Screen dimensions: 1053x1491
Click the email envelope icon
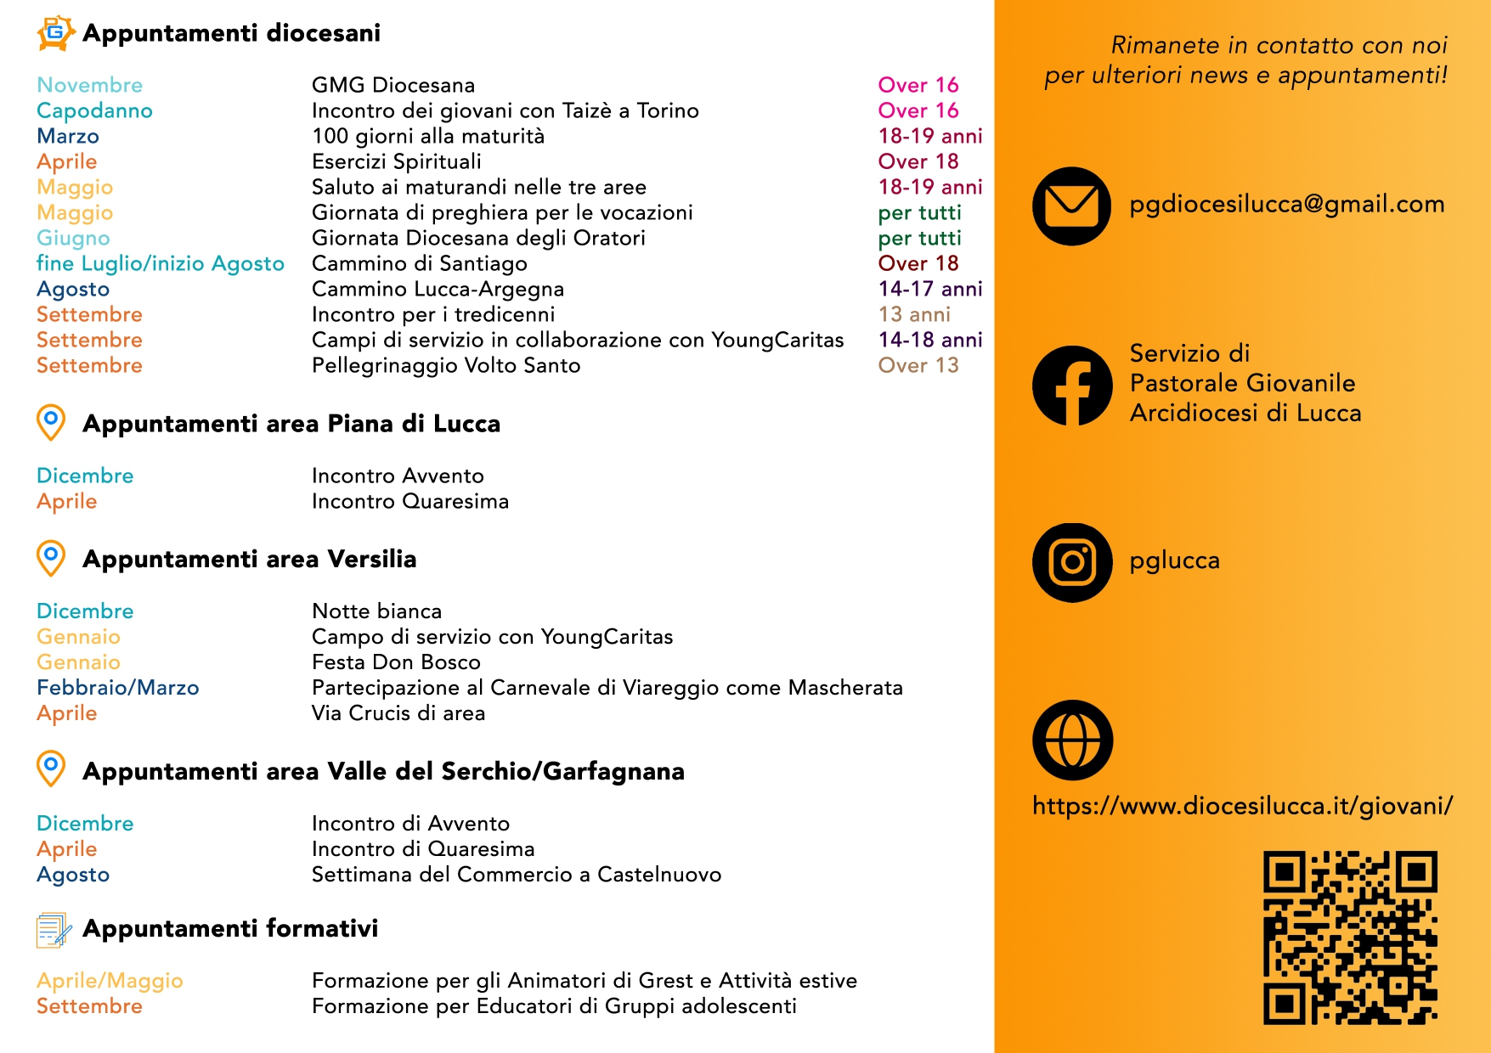click(x=1071, y=206)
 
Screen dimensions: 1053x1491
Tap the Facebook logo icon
click(x=1072, y=385)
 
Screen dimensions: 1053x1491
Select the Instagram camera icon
click(x=1072, y=562)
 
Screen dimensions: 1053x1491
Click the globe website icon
click(x=1072, y=740)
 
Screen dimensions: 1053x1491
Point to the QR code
click(x=1350, y=937)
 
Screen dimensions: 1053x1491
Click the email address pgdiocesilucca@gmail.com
click(x=1286, y=205)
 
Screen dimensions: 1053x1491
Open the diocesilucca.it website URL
click(x=1242, y=806)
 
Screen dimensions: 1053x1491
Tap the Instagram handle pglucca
click(x=1174, y=561)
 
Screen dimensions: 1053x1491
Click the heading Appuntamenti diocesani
click(x=231, y=33)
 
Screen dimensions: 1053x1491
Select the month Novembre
click(x=89, y=86)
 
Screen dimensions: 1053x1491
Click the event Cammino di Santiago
click(x=419, y=264)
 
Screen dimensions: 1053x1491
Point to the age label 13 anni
click(x=913, y=315)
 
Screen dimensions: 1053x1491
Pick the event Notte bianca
click(x=376, y=611)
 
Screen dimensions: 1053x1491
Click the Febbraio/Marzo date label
click(x=117, y=688)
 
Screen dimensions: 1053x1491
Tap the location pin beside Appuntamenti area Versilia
click(x=51, y=558)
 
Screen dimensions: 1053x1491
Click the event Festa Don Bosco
click(x=396, y=662)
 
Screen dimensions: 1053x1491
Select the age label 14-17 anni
click(x=929, y=290)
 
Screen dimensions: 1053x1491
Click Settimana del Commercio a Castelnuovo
click(x=516, y=875)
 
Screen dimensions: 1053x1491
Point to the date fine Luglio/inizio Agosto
click(x=160, y=264)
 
